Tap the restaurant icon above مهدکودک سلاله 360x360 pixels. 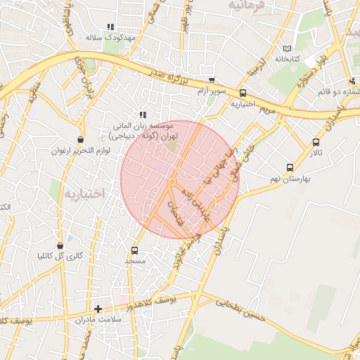[x=110, y=27]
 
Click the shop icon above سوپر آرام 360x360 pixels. [x=211, y=81]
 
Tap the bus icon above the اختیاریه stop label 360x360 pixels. [x=243, y=92]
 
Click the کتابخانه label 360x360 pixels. [x=287, y=58]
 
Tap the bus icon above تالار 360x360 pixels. [x=316, y=142]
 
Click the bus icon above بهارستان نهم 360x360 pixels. [x=290, y=167]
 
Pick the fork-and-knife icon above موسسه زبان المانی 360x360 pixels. [x=142, y=115]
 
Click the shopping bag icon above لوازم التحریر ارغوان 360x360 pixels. [x=80, y=140]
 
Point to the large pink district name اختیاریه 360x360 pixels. [x=83, y=193]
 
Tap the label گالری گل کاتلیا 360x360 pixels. [x=60, y=256]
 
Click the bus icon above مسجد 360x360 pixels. [x=134, y=250]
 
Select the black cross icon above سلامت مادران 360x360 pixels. [x=98, y=308]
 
